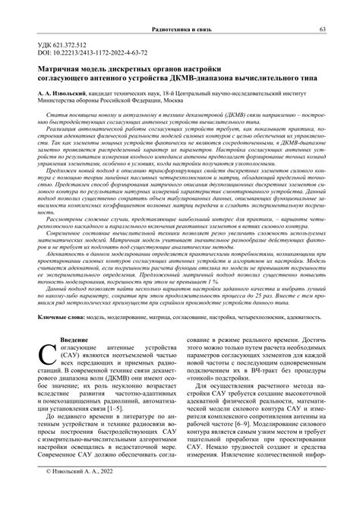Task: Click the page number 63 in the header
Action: [x=323, y=30]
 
